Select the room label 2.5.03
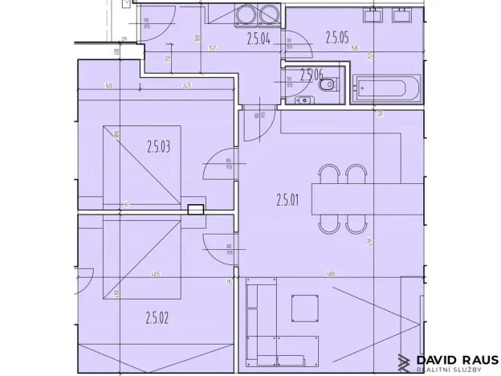[159, 146]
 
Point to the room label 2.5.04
[259, 35]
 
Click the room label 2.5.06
[311, 75]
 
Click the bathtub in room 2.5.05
[386, 87]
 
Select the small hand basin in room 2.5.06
[303, 100]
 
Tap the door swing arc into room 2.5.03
[218, 166]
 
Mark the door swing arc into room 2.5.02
[218, 250]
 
